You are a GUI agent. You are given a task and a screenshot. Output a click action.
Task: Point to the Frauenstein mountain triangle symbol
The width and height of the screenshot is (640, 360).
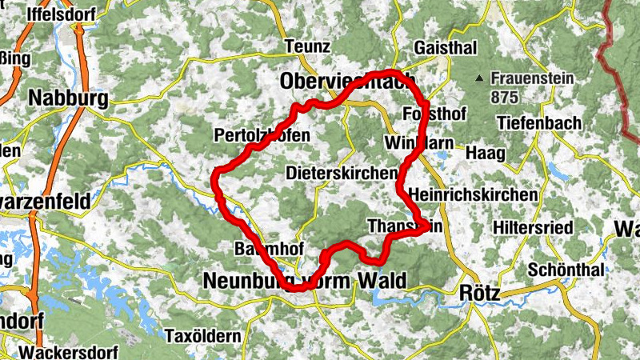click(478, 78)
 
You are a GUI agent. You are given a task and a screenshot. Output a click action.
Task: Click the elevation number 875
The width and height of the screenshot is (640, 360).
click(506, 98)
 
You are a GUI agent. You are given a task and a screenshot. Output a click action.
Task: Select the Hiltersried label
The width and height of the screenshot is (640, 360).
click(533, 228)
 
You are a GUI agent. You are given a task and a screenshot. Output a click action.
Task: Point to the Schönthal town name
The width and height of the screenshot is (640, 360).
click(566, 270)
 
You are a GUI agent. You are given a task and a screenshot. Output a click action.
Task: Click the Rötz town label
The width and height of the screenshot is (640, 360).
click(480, 294)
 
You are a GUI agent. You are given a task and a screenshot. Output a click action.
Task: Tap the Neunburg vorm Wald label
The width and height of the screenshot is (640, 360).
click(304, 280)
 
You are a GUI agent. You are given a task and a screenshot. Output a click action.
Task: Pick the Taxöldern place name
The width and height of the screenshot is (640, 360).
click(202, 336)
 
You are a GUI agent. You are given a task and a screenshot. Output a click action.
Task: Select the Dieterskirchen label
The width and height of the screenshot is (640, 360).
click(341, 173)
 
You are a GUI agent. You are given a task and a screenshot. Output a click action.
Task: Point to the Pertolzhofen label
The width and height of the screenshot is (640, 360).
click(262, 136)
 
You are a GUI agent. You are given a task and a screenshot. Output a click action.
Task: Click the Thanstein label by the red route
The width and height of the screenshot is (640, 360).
click(404, 227)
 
